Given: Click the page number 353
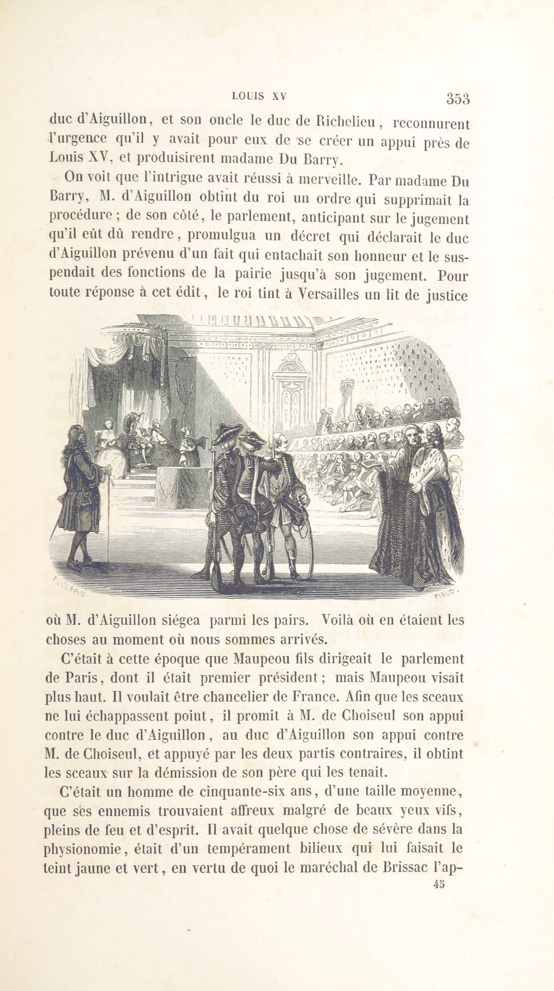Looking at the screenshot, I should click(458, 99).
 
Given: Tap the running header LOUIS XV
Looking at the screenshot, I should click(259, 96).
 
